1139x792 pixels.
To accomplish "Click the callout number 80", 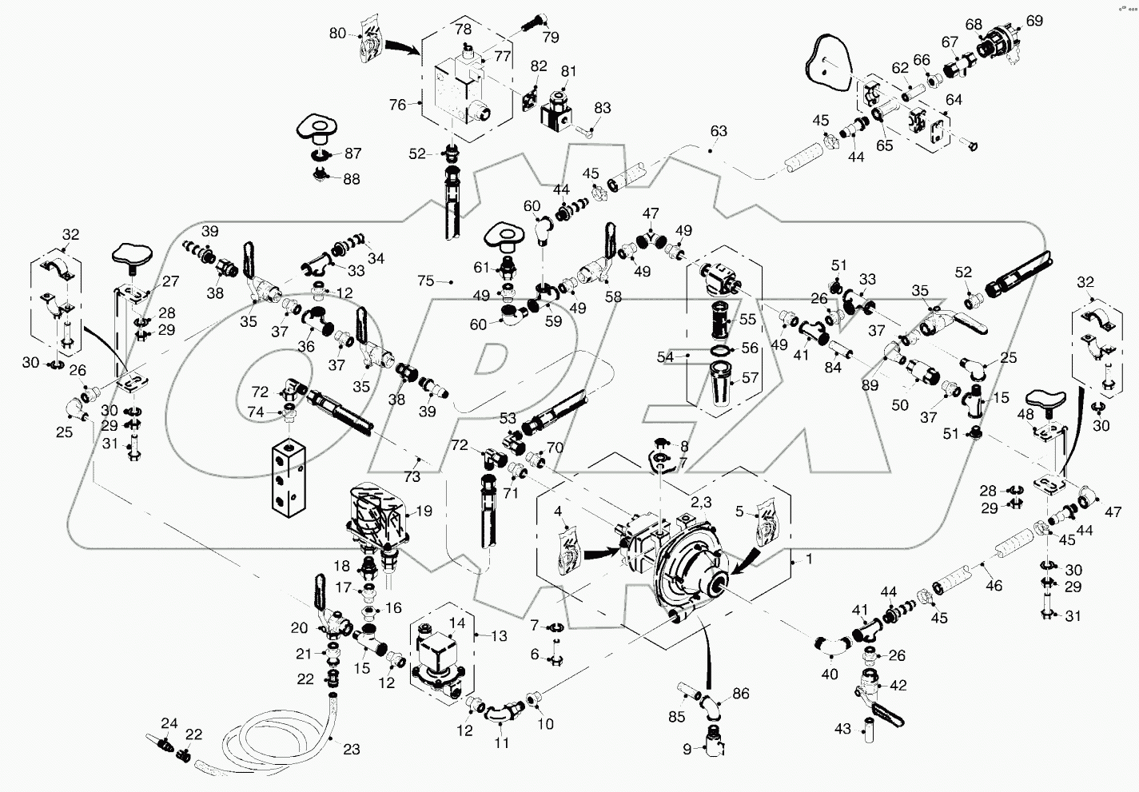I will coord(337,34).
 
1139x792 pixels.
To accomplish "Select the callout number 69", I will coord(1034,21).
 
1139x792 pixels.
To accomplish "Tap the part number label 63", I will coord(719,131).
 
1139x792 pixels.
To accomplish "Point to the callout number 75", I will coord(426,281).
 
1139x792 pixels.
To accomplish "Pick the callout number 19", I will coord(424,511).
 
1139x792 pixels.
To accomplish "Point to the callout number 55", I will coord(747,320).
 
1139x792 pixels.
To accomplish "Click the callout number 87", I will coord(352,154).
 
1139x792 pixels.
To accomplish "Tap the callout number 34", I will coord(376,259).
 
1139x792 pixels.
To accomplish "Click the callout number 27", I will coord(171,281).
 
